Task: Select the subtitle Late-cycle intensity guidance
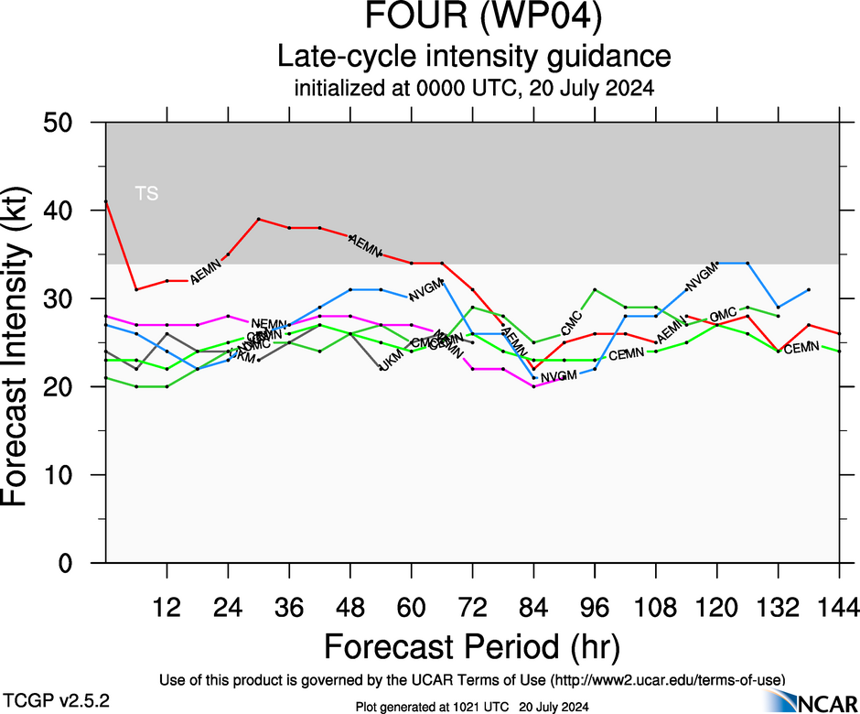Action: [x=473, y=56]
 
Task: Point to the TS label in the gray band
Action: [x=146, y=193]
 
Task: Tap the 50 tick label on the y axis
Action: [x=65, y=123]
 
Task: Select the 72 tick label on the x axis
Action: [x=472, y=606]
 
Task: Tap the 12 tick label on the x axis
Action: [x=167, y=606]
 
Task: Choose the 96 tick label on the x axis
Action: [x=595, y=606]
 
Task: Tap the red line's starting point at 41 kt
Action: [x=106, y=201]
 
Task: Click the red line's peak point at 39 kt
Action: [x=259, y=219]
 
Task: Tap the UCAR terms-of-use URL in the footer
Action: [x=668, y=679]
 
